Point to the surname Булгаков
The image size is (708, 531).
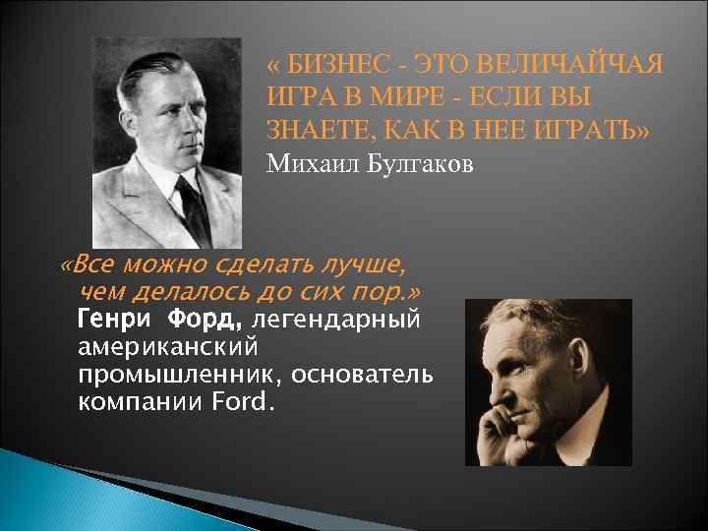tap(419, 162)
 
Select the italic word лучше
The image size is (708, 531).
tap(363, 265)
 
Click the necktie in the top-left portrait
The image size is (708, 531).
tap(193, 207)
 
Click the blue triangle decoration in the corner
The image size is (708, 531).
tap(59, 492)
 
